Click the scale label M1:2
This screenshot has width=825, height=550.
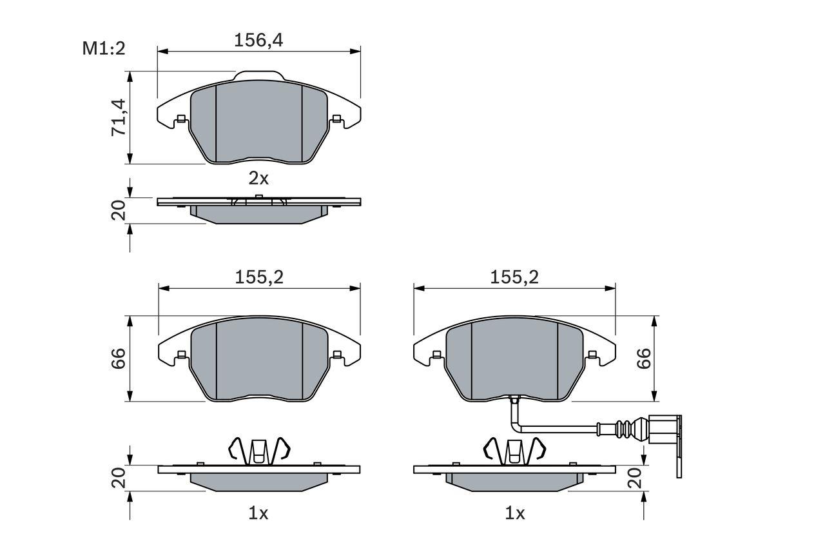[102, 48]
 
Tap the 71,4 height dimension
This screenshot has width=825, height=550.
[118, 118]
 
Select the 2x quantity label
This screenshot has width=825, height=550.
[258, 177]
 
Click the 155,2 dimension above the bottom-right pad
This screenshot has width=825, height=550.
[514, 277]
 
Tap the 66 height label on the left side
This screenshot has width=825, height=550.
[118, 359]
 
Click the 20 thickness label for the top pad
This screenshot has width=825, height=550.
[118, 211]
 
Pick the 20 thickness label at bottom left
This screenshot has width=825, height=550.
[118, 478]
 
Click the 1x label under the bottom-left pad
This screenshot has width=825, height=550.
[258, 513]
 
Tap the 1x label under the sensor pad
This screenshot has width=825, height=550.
[515, 513]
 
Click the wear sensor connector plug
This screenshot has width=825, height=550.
[664, 432]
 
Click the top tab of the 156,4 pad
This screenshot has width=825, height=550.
[258, 75]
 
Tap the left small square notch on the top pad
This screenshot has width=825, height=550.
[181, 118]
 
